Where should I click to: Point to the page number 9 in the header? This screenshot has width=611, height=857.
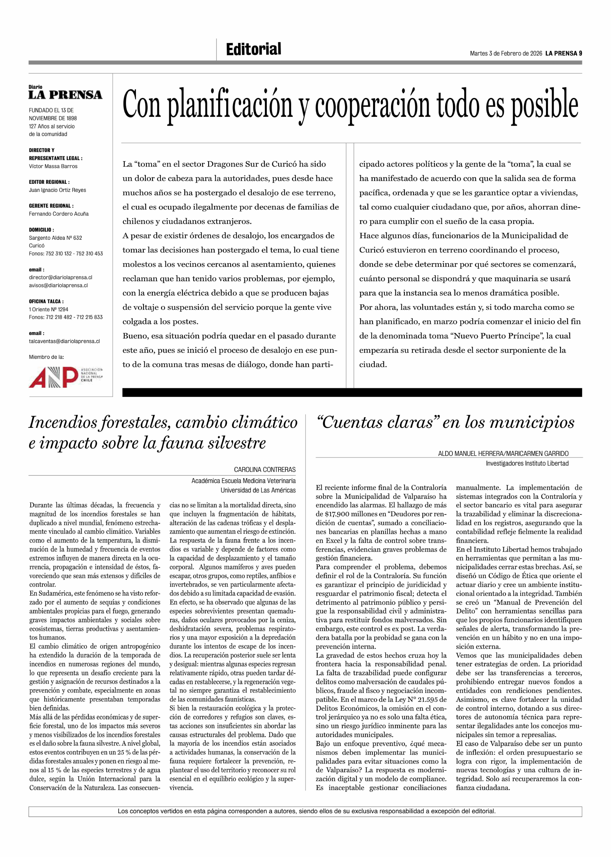tap(580, 53)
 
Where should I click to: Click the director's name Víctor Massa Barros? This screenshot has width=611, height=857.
tap(53, 166)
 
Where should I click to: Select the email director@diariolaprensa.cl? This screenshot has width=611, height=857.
tap(61, 277)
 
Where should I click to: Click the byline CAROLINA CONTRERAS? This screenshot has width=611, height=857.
tap(265, 470)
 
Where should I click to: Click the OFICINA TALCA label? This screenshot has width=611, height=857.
tap(46, 301)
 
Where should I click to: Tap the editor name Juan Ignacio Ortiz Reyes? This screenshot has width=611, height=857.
tap(57, 190)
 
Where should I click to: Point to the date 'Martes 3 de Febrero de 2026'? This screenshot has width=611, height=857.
tap(506, 53)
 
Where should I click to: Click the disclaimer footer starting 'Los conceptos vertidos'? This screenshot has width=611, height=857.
tap(306, 811)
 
